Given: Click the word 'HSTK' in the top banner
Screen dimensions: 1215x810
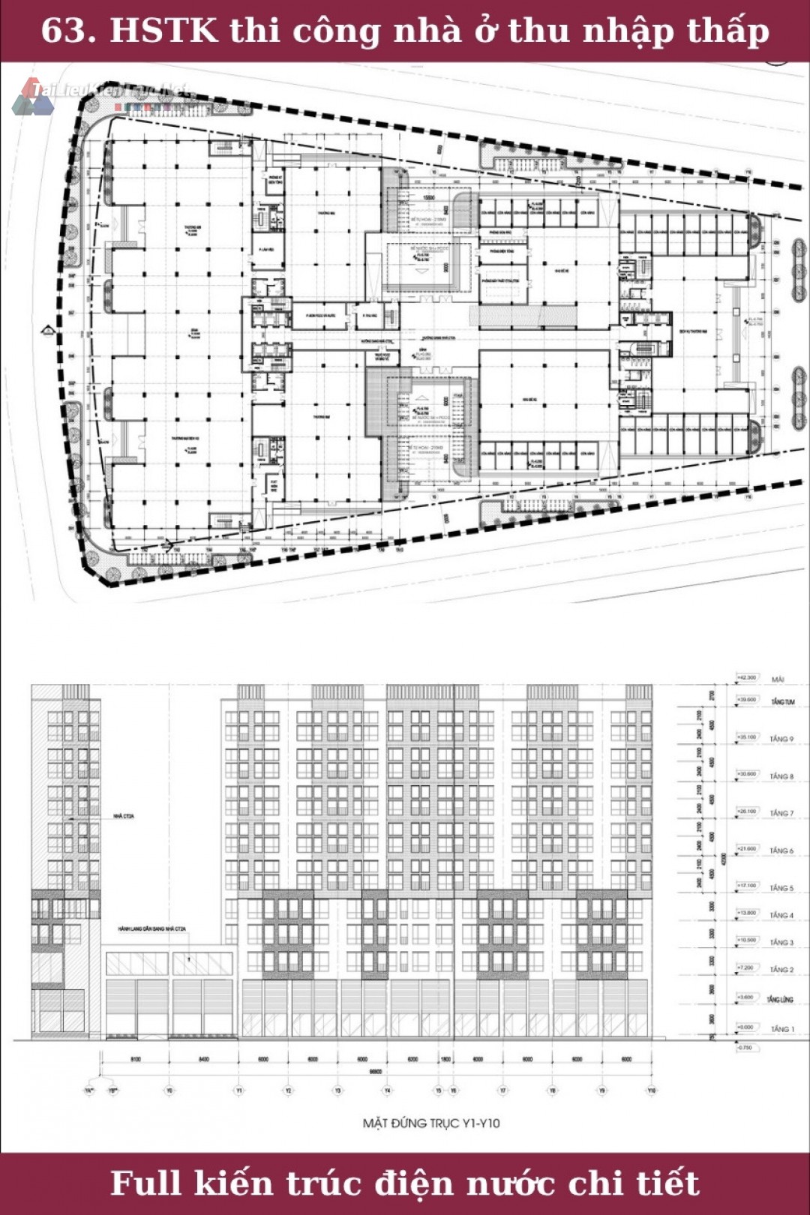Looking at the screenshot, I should (163, 31).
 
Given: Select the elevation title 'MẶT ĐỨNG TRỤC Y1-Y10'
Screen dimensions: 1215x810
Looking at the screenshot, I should (431, 1123).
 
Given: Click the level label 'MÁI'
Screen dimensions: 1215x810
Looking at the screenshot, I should (778, 679).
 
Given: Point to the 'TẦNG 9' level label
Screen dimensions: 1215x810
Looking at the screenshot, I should (781, 739).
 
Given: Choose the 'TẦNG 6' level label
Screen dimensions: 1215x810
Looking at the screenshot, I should (781, 850).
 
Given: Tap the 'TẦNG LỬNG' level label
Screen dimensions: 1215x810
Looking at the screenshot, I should (779, 999).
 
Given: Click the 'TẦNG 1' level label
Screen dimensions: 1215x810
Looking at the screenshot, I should (781, 1028).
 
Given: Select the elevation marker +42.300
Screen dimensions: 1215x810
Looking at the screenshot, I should (746, 677).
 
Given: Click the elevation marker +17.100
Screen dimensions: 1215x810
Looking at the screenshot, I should (746, 886).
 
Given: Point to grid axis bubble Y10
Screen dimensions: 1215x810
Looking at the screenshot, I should (651, 1090).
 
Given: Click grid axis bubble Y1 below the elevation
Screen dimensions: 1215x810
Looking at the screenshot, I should (238, 1090).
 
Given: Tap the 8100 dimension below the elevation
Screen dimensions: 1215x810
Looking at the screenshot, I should (135, 1059).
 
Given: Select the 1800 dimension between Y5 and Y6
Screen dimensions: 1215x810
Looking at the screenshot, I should (445, 1059).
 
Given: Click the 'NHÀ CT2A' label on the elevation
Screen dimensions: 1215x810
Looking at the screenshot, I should (124, 816).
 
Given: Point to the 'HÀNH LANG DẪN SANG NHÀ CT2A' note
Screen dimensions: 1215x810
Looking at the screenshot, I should (151, 929).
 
